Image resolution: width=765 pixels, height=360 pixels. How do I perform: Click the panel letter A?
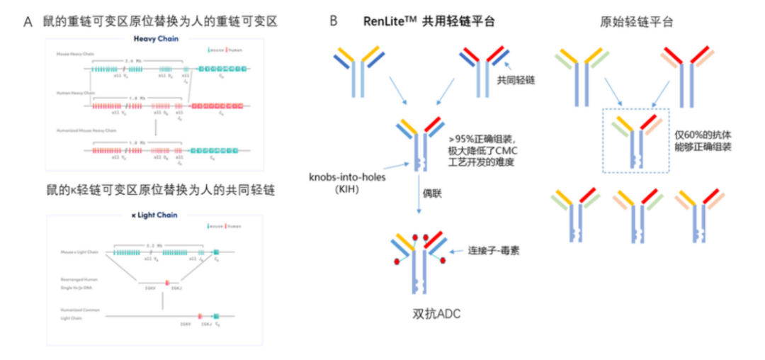point(28,22)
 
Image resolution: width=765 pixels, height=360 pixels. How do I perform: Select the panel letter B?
point(334,22)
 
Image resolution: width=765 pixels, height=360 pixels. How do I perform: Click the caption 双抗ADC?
point(436,313)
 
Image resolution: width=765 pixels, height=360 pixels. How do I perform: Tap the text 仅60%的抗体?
point(703,134)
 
